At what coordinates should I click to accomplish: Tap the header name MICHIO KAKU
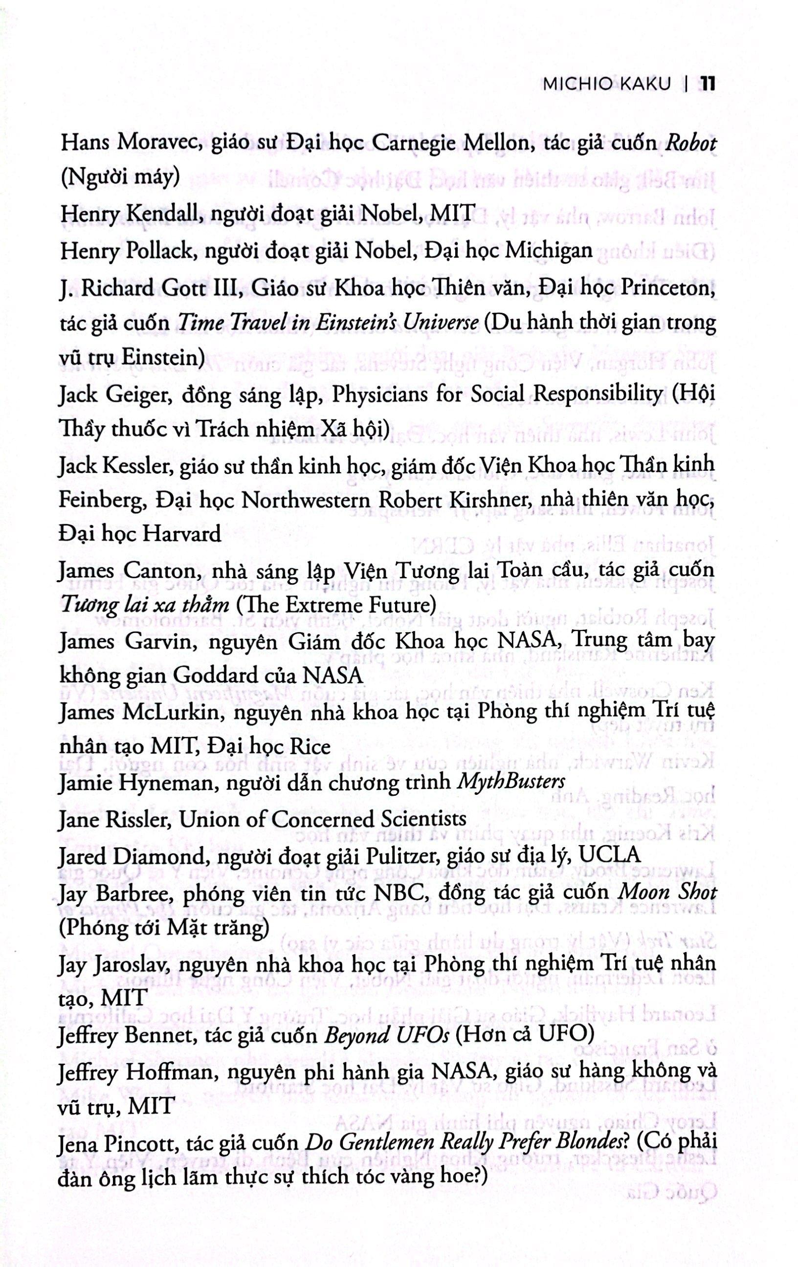[607, 85]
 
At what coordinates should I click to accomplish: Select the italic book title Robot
[690, 143]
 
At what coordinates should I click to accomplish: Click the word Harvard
[181, 534]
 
